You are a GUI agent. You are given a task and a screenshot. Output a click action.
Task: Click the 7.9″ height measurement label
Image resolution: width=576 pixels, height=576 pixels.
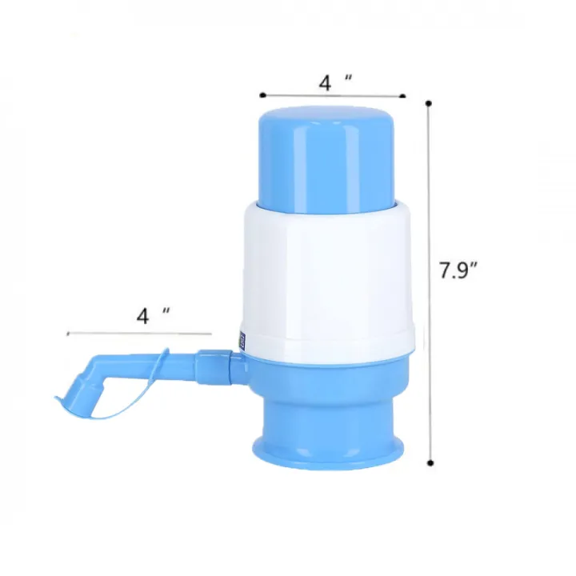(458, 271)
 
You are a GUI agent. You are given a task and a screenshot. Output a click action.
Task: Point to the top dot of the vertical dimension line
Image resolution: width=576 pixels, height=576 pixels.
(430, 102)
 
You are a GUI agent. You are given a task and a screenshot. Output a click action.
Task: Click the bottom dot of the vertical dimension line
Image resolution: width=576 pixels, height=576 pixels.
(430, 462)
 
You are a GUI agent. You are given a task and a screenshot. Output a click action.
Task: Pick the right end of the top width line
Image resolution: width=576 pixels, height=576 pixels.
(403, 96)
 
